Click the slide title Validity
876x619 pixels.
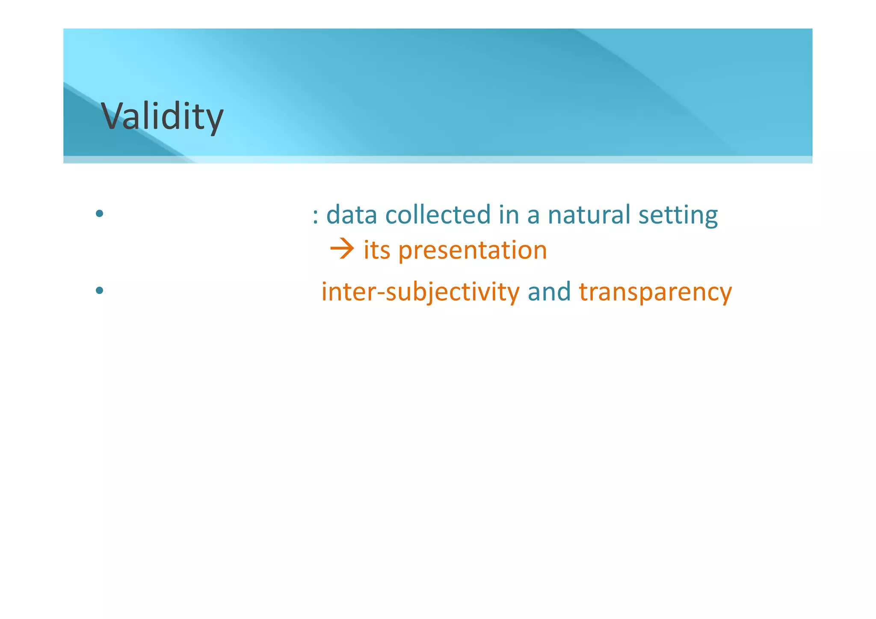162,116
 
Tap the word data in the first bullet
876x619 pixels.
351,215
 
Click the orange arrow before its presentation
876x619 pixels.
342,249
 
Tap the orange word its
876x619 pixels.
376,250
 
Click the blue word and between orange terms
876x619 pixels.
549,292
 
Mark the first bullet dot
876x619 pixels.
100,213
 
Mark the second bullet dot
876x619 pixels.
100,291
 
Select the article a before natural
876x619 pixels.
533,216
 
